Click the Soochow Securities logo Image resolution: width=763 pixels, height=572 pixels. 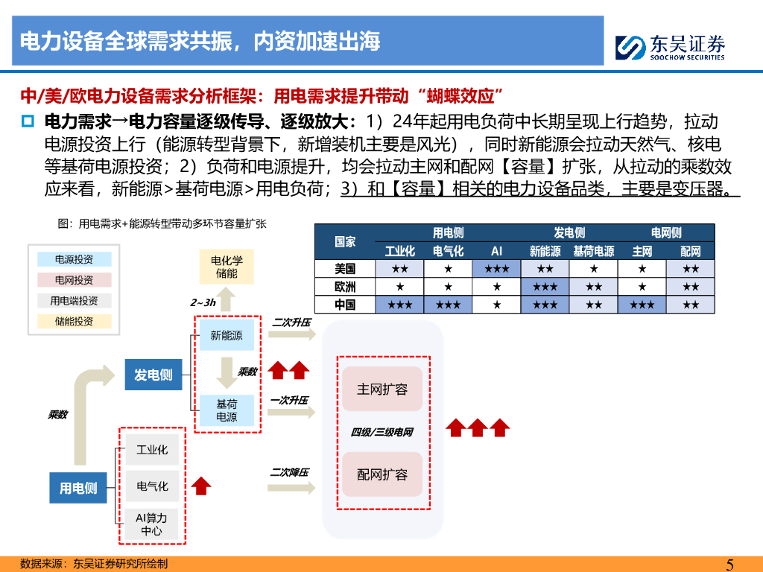[x=670, y=47]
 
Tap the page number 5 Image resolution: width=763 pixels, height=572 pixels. [x=729, y=564]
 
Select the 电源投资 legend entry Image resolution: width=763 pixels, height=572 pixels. [x=74, y=259]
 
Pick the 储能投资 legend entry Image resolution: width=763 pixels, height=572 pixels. [x=74, y=321]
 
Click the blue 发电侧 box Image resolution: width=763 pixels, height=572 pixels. [x=153, y=375]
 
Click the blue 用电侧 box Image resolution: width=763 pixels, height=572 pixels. [x=78, y=488]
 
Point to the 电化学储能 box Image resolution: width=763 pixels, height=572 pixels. [x=227, y=267]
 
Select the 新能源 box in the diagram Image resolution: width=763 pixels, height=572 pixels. [x=227, y=335]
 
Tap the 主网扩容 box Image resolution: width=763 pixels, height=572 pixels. [x=382, y=389]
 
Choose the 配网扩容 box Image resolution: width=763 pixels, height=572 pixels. [x=382, y=474]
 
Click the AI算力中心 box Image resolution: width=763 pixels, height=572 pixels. [x=151, y=524]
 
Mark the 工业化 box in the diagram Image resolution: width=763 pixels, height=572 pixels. [x=151, y=450]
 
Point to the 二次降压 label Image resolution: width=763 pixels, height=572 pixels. [x=289, y=472]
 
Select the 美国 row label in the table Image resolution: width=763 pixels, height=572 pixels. [x=345, y=268]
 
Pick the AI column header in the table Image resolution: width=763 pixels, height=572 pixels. [x=496, y=251]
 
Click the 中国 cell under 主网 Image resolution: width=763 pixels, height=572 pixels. [x=642, y=305]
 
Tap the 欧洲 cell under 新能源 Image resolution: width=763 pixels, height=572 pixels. [x=545, y=286]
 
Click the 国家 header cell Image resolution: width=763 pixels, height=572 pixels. [x=345, y=241]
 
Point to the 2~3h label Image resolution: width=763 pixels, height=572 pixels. [x=203, y=302]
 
